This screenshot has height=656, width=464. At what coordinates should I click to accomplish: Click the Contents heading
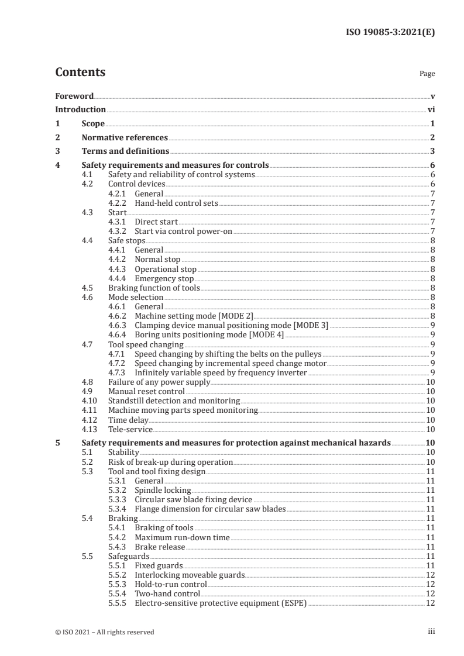pos(80,72)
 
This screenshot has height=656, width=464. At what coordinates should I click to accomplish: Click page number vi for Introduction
pos(431,109)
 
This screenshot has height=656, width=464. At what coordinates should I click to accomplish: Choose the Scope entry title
pos(93,124)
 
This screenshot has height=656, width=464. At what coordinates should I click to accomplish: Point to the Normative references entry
pos(125,138)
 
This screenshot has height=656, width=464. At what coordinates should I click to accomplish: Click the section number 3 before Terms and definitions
pos(57,152)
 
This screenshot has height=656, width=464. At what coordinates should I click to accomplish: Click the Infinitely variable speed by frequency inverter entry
pos(221,372)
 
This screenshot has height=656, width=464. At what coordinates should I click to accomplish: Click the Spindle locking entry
pos(163,490)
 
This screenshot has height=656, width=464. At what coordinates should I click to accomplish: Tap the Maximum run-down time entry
pos(182,537)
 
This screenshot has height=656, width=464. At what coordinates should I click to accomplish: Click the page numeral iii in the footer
pos(431,631)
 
